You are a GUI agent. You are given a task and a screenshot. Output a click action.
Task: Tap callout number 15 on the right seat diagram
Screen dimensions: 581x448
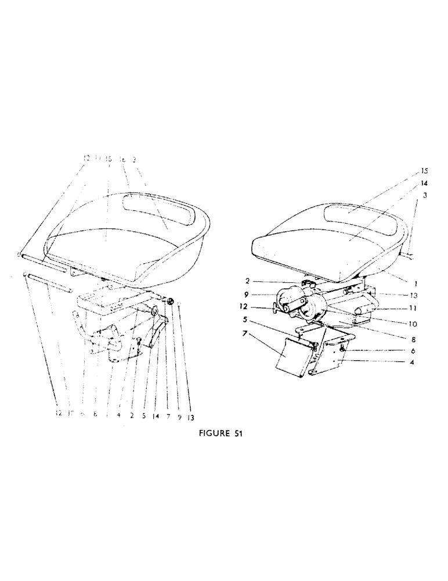pos(424,171)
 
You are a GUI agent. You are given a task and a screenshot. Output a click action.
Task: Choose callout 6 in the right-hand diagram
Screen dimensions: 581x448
pos(413,351)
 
